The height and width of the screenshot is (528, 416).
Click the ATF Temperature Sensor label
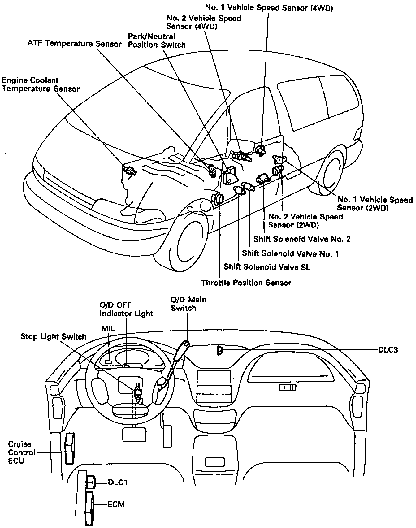74,44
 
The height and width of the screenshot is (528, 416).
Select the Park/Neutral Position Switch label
157,41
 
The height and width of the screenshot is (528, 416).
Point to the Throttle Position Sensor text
246,283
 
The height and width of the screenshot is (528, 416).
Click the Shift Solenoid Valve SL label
267,267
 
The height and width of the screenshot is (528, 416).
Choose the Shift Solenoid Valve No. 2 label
302,239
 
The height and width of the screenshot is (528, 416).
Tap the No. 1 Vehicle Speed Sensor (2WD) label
375,204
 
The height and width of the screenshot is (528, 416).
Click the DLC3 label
388,350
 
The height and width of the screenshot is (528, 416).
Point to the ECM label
116,504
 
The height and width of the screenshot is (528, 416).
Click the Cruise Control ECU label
20,452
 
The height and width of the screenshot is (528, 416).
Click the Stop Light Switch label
53,336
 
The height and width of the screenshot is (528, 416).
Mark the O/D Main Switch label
188,304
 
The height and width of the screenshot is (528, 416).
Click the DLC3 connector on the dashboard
220,350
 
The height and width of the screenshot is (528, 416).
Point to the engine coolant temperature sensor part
130,171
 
